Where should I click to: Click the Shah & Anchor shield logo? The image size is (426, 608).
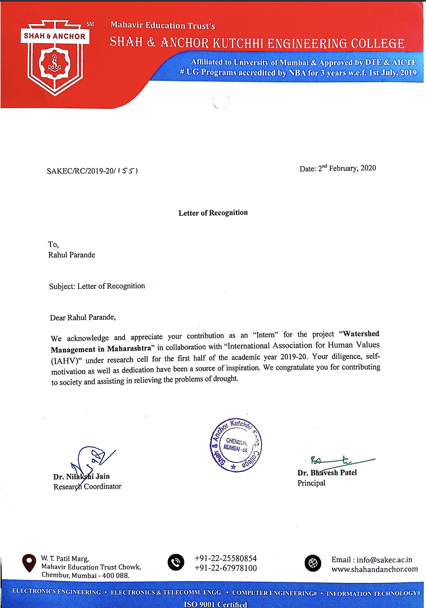[x=54, y=57]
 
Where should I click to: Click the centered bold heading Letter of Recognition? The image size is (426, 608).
[x=213, y=213]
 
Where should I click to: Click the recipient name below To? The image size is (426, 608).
[x=72, y=255]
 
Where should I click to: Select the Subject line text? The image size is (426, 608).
[x=97, y=286]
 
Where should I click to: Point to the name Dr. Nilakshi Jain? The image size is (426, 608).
[x=82, y=477]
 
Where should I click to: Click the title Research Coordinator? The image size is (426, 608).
[x=87, y=486]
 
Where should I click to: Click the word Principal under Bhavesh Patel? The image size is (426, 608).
[x=311, y=482]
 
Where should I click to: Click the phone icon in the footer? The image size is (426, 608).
[x=176, y=563]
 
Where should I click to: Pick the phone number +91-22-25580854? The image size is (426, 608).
[x=225, y=559]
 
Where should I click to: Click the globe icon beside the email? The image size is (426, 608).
[x=313, y=563]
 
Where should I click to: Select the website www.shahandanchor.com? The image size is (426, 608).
[x=374, y=569]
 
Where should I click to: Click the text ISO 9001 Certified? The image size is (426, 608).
[x=216, y=604]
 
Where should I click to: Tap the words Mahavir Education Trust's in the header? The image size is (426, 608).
[x=163, y=25]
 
